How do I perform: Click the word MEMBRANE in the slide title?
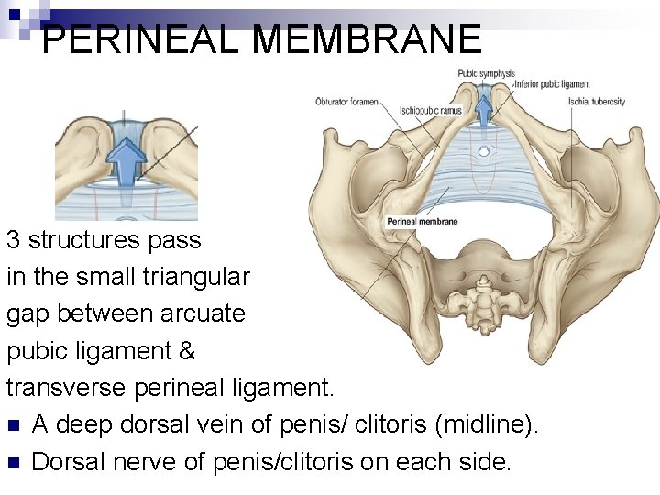click(x=366, y=40)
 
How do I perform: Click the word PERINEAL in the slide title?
click(x=140, y=40)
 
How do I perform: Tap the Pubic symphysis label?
click(x=486, y=73)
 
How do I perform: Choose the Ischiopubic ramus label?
click(x=430, y=110)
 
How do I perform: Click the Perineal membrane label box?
click(x=423, y=221)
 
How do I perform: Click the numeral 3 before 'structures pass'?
click(x=14, y=241)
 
